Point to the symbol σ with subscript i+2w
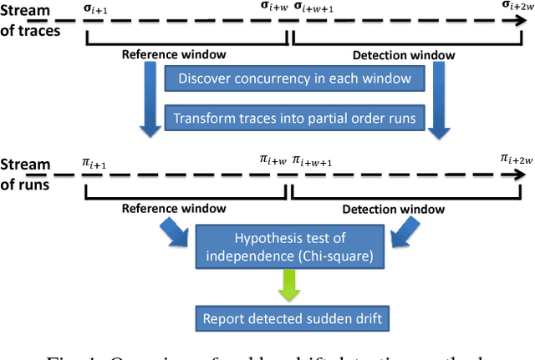coord(516,7)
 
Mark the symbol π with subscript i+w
coord(273,159)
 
